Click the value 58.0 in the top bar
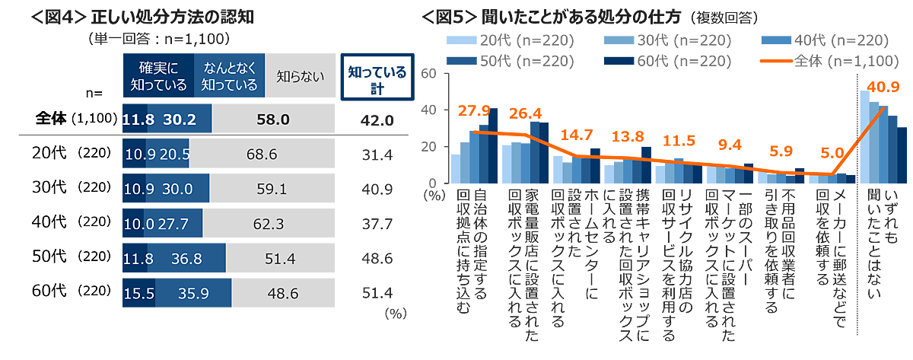(x=273, y=120)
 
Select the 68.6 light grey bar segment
(x=262, y=154)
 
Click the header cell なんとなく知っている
(x=229, y=76)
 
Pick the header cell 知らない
(x=300, y=76)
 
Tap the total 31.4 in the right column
(x=374, y=155)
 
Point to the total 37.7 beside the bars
(x=374, y=225)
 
